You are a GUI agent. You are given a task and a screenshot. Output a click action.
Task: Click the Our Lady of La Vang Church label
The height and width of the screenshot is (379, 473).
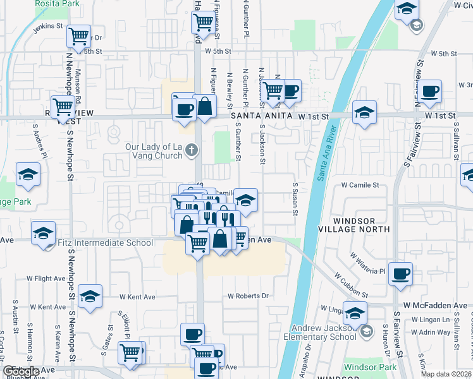[x=154, y=151]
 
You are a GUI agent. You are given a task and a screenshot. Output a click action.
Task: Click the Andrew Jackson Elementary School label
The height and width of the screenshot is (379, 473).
[x=324, y=332]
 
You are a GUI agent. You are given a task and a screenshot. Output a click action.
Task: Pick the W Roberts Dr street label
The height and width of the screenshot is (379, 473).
[x=249, y=296]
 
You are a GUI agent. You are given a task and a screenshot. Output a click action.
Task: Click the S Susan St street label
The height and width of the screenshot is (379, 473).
[x=295, y=199]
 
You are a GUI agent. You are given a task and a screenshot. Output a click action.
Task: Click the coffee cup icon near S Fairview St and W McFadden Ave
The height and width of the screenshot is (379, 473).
[x=400, y=274]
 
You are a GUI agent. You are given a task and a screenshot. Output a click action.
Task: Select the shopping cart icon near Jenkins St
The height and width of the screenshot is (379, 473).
[x=79, y=37]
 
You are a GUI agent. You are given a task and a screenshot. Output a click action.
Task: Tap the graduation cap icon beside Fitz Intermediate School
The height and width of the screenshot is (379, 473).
[x=43, y=232]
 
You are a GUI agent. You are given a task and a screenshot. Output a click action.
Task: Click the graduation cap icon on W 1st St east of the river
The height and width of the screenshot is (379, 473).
[x=364, y=112]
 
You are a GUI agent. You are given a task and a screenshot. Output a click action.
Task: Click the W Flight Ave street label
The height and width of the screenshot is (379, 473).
[x=46, y=278]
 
